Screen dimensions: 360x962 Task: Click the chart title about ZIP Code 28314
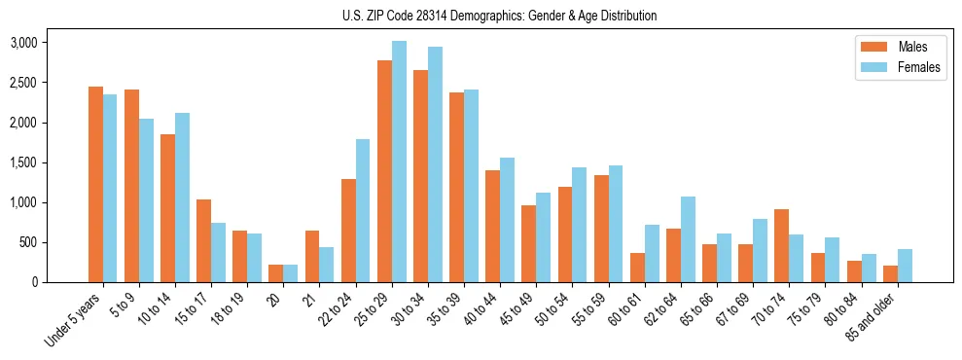[x=499, y=16]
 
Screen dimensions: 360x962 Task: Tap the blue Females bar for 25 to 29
[x=399, y=162]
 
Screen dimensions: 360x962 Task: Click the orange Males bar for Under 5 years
[x=95, y=185]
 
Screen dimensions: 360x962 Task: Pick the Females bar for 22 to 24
[x=363, y=211]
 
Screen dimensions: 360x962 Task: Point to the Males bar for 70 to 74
[x=781, y=246]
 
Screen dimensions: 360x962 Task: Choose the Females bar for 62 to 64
[x=688, y=239]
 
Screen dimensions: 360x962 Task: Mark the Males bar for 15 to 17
[x=203, y=241]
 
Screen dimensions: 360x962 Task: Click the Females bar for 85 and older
[x=905, y=266]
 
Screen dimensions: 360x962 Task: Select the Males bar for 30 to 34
[x=420, y=176]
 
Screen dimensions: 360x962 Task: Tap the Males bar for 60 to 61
[x=637, y=268]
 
